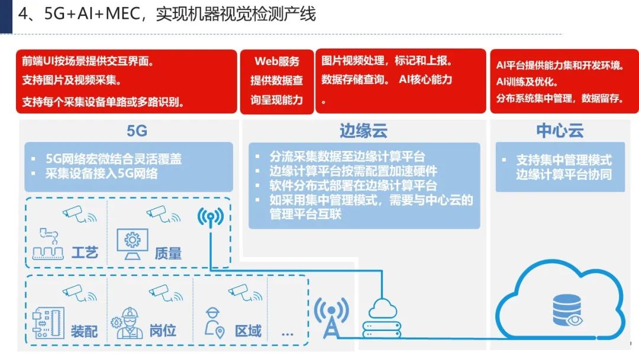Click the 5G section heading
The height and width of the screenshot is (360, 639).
(137, 131)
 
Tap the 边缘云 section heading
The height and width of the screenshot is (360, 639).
(363, 131)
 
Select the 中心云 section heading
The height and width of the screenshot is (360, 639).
(560, 131)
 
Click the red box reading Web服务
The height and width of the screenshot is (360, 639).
(277, 82)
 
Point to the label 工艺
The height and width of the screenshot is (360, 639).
(85, 253)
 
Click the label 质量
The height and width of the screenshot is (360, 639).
(168, 253)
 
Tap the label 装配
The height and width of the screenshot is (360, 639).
(84, 331)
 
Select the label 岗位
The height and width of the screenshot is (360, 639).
(163, 330)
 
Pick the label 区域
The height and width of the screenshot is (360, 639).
(248, 330)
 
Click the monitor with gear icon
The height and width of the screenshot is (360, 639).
(133, 244)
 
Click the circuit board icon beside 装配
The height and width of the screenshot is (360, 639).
(48, 323)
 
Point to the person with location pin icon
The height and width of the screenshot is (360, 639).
(214, 323)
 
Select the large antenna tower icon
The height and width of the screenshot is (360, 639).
(332, 318)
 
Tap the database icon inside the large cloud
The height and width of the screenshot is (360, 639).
(567, 311)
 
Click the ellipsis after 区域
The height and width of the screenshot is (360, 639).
(288, 335)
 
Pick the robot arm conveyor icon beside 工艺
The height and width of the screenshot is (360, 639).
(48, 244)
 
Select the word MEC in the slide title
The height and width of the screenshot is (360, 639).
(123, 14)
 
